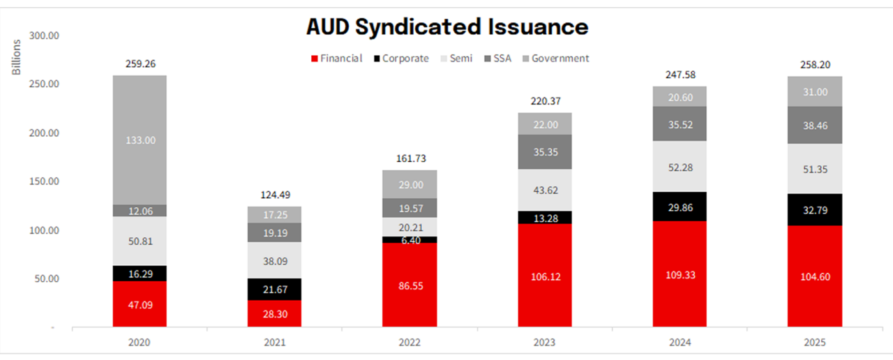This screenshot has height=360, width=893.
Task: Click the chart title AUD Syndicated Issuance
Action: (x=447, y=27)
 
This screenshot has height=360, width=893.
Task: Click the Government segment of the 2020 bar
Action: (x=140, y=140)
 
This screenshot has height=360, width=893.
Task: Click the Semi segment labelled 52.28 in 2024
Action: (x=680, y=166)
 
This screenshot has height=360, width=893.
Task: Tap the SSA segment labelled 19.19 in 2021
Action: (x=274, y=232)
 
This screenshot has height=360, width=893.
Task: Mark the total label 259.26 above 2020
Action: (x=140, y=63)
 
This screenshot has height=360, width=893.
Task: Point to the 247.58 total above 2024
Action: (x=680, y=75)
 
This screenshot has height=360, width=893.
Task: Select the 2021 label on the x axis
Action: (x=274, y=343)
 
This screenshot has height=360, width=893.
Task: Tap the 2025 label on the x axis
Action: (x=815, y=343)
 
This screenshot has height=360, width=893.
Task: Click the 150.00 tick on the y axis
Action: (x=45, y=181)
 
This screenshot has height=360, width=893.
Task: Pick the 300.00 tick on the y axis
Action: (x=45, y=36)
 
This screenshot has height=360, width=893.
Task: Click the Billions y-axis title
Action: (x=17, y=57)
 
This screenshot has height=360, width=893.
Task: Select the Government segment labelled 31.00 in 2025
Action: (x=815, y=92)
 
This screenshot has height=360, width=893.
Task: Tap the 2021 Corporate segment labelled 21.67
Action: (x=274, y=289)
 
